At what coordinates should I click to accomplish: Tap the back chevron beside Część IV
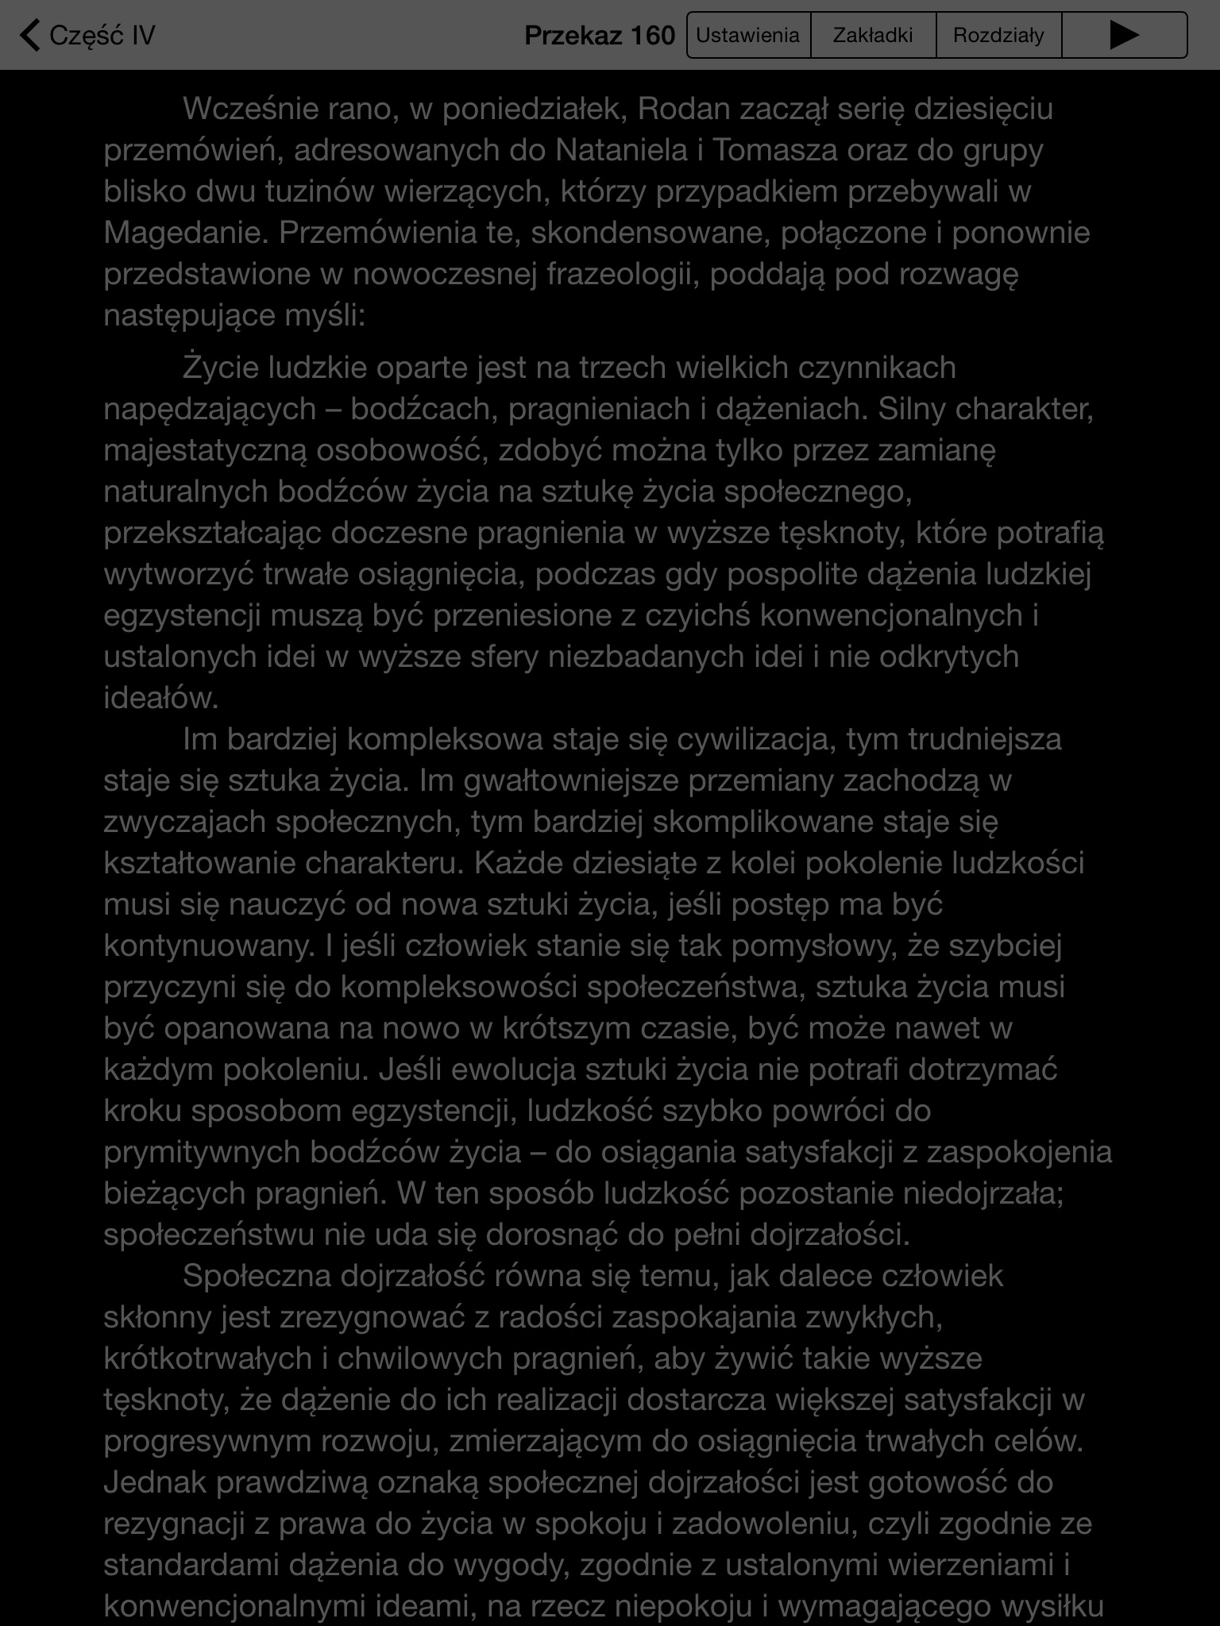point(30,36)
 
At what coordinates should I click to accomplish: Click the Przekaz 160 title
point(600,36)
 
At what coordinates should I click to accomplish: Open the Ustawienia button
point(748,36)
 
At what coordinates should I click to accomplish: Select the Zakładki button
point(873,36)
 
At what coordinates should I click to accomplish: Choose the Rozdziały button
point(998,36)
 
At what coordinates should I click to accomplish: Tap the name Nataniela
point(621,150)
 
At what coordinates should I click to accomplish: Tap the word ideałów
point(160,698)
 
